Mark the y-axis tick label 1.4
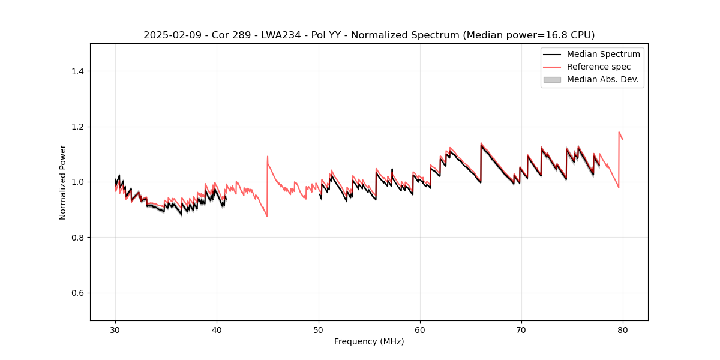click(77, 71)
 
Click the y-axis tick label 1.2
click(77, 127)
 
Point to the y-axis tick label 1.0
click(77, 182)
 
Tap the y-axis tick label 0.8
click(77, 238)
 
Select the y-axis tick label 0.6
click(77, 293)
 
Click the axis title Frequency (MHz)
click(369, 341)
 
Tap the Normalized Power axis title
click(62, 182)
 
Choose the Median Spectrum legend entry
click(603, 54)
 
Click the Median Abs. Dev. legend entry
click(602, 79)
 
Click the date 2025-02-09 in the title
click(167, 35)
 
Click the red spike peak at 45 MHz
click(268, 157)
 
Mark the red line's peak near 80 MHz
click(619, 132)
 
